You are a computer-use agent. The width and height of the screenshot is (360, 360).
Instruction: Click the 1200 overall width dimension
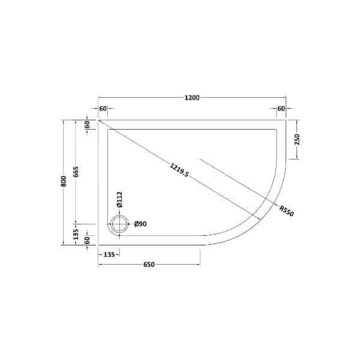tap(192, 97)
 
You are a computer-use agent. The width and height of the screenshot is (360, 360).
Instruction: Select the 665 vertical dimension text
tap(76, 172)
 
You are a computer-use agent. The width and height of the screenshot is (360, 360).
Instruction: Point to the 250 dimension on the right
tap(297, 139)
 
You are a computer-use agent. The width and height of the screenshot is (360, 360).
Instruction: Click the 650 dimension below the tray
tap(149, 265)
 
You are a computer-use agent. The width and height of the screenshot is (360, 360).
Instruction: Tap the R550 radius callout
tap(286, 211)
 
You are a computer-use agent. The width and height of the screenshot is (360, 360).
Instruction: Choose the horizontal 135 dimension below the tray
tap(109, 255)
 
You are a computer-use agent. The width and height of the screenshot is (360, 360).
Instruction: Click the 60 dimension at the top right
tap(281, 109)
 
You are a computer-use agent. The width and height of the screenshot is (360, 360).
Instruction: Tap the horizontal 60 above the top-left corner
tap(103, 109)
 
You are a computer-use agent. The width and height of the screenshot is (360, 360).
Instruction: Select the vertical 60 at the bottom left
tap(86, 240)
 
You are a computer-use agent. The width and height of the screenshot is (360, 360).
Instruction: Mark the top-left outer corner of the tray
tap(98, 120)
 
